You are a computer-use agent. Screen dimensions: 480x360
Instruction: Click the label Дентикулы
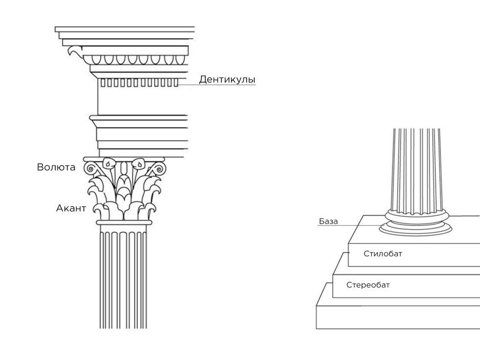click(x=227, y=80)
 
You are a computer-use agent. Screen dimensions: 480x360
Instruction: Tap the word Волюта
click(x=56, y=167)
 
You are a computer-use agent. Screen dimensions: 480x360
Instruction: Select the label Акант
click(x=71, y=208)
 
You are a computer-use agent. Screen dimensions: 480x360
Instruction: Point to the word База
click(x=329, y=221)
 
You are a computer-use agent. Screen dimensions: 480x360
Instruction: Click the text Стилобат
click(x=383, y=254)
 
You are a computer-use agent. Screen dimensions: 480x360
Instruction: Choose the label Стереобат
click(x=368, y=285)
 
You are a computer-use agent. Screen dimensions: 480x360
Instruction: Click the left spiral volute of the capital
click(x=90, y=169)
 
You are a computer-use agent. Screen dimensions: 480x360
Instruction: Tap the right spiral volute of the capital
click(x=159, y=169)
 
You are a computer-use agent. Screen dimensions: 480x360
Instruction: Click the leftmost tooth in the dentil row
click(x=103, y=83)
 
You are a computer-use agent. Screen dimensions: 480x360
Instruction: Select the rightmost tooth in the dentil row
click(x=176, y=83)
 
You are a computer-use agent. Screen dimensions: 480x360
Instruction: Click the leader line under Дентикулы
click(x=217, y=85)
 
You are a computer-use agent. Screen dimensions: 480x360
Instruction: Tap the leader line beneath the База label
click(x=349, y=226)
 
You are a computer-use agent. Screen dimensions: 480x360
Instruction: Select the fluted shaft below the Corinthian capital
click(x=123, y=277)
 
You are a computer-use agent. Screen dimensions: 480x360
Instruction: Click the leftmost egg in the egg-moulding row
click(x=97, y=60)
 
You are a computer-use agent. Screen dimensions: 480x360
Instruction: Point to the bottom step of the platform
click(x=398, y=317)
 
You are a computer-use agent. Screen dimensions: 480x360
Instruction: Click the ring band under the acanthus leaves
click(x=124, y=222)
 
